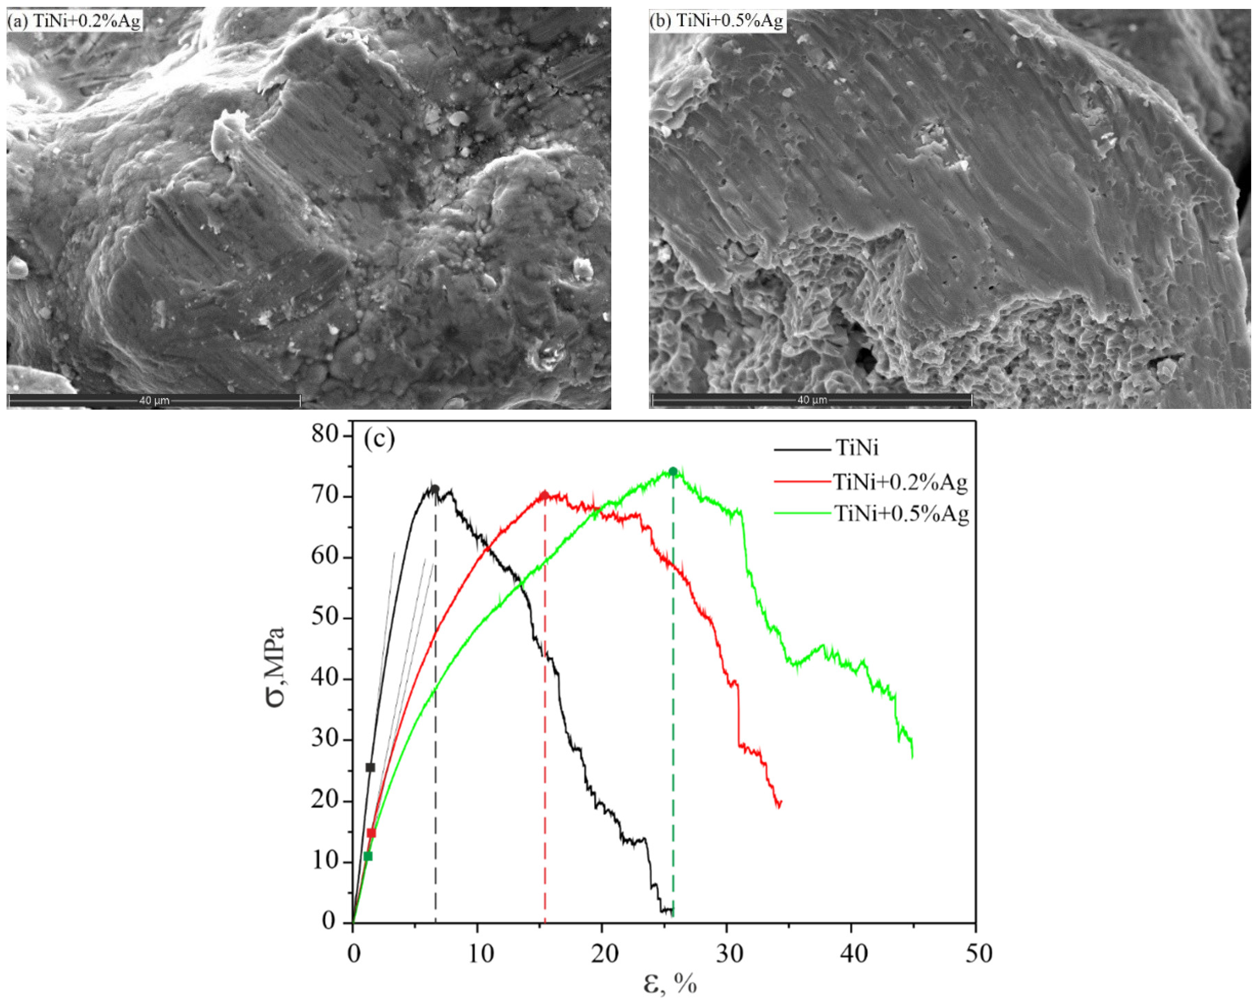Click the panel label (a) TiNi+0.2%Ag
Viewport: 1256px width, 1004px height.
[74, 22]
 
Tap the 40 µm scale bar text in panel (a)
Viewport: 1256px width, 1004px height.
[154, 401]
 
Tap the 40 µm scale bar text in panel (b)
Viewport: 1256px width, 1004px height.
[812, 401]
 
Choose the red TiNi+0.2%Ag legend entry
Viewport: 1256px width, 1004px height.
[900, 482]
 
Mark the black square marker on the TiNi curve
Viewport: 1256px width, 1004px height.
[370, 768]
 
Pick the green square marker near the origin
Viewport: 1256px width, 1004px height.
[368, 856]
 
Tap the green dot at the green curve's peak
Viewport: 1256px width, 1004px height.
[673, 471]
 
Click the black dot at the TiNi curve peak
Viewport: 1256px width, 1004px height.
[434, 489]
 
